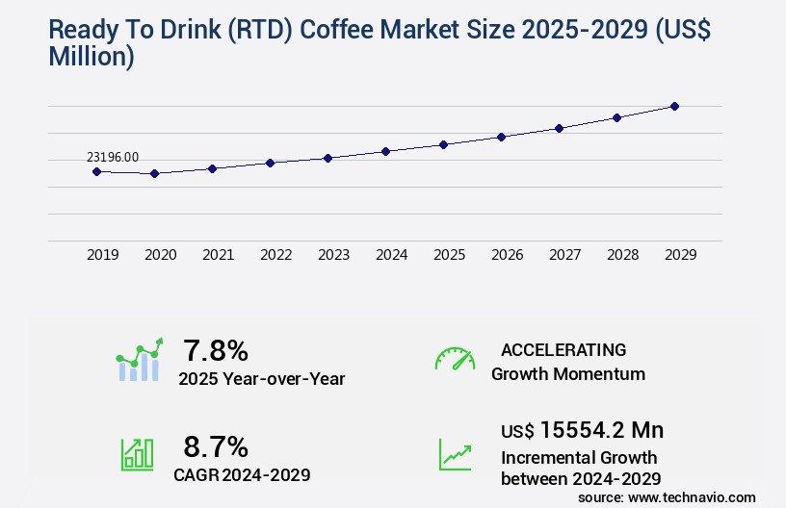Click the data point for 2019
click(96, 171)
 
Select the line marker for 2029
click(674, 106)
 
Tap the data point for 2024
click(385, 151)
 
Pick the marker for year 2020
click(154, 173)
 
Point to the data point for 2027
click(559, 128)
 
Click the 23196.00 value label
click(113, 157)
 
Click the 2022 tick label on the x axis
click(275, 255)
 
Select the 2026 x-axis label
click(507, 255)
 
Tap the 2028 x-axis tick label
click(622, 255)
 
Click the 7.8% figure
click(216, 350)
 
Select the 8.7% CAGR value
click(216, 446)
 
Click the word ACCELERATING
click(563, 350)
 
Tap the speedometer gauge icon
click(455, 359)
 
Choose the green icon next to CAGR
click(137, 454)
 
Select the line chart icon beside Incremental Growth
click(455, 454)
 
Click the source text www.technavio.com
click(692, 497)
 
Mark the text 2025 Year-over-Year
click(261, 379)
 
